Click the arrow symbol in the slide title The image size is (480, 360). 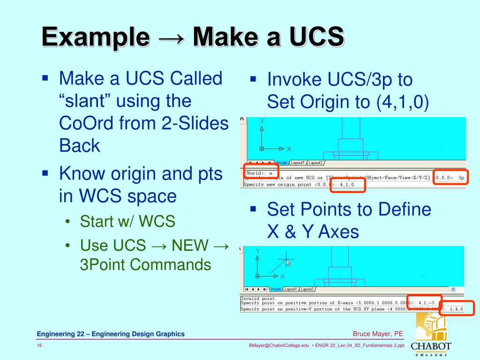168,37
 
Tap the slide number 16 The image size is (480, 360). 40,345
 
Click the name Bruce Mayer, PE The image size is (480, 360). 378,334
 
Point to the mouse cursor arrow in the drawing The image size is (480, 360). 288,263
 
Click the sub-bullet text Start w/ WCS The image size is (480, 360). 127,221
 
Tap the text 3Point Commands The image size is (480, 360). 146,265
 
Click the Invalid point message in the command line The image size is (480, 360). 259,298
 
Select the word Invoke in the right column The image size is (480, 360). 294,80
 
